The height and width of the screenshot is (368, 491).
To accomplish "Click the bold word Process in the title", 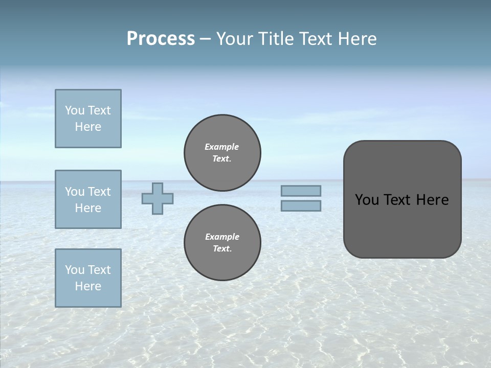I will point(161,39).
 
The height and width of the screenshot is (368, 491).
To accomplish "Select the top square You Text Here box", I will point(88,119).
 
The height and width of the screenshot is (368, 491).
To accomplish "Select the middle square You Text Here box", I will point(88,199).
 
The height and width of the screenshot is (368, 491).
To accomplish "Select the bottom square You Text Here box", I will point(88,278).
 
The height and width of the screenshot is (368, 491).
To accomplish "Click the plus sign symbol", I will point(158,198).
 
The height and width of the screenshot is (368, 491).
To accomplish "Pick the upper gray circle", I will point(222,153).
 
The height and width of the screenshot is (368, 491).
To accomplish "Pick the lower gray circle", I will point(222,243).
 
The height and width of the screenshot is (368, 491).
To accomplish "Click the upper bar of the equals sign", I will point(301,191).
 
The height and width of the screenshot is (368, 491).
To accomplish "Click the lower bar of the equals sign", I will point(301,205).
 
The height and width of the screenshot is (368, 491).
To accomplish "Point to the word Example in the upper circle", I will point(222,147).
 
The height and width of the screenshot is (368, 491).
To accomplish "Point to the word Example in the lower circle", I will point(222,237).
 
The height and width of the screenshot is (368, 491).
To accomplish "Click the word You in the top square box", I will point(74,110).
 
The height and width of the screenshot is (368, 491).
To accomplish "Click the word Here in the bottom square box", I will point(88,286).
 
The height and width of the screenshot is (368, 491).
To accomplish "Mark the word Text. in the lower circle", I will point(222,249).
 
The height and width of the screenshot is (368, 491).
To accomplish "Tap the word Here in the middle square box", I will point(88,208).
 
